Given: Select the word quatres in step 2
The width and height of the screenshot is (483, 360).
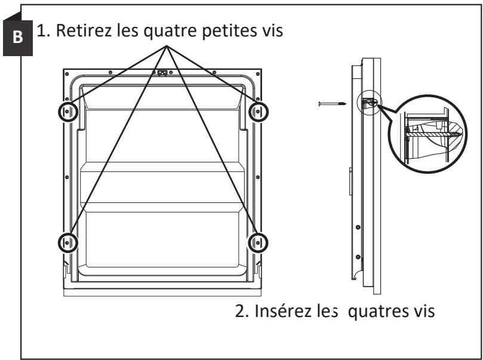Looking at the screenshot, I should point(384,314).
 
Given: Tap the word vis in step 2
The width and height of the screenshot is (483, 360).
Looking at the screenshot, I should point(420,313).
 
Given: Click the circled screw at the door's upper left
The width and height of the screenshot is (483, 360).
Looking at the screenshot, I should point(67,112).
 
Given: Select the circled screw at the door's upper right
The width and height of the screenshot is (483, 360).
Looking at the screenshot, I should point(258,112).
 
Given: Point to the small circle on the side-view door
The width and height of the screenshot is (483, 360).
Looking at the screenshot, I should point(368,104).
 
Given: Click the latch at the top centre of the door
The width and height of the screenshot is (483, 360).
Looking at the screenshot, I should point(161,74).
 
